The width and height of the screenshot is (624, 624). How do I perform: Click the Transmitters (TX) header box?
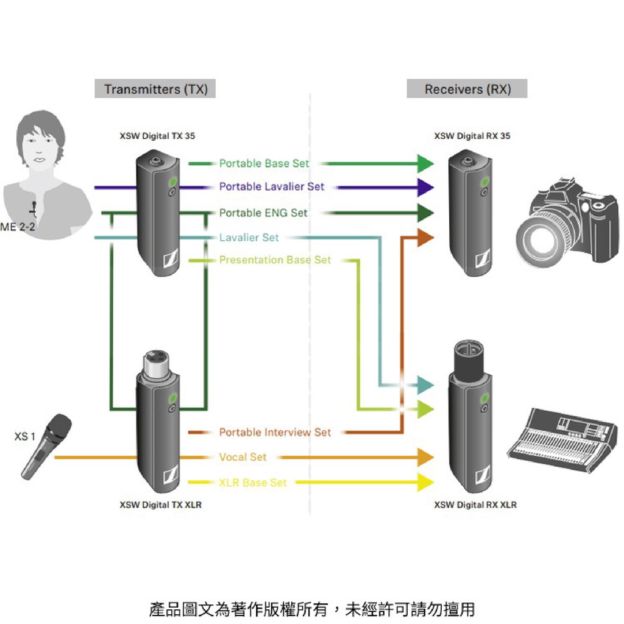tap(155, 90)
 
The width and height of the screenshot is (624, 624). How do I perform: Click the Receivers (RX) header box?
tap(467, 90)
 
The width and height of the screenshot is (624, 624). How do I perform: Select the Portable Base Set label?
tap(264, 163)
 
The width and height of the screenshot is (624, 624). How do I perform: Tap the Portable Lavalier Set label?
tap(272, 186)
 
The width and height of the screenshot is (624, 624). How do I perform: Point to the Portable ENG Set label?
tap(263, 213)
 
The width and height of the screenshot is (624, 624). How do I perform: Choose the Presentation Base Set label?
tap(275, 260)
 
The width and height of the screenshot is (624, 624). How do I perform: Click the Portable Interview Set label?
tap(275, 432)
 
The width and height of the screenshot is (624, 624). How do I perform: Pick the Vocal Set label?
tap(243, 456)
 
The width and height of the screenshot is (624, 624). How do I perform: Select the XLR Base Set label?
tap(252, 483)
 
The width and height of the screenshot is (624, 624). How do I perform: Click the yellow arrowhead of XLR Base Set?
tap(425, 483)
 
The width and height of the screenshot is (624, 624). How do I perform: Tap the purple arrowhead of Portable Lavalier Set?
tap(425, 186)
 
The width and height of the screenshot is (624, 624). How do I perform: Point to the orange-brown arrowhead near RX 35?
tap(425, 238)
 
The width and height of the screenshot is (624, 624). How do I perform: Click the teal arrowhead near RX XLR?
tap(425, 385)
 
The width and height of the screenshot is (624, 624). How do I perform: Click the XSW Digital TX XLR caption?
tap(160, 505)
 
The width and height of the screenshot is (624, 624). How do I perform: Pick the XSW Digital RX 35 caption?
tap(472, 136)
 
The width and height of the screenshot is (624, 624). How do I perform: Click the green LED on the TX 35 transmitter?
tap(172, 181)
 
